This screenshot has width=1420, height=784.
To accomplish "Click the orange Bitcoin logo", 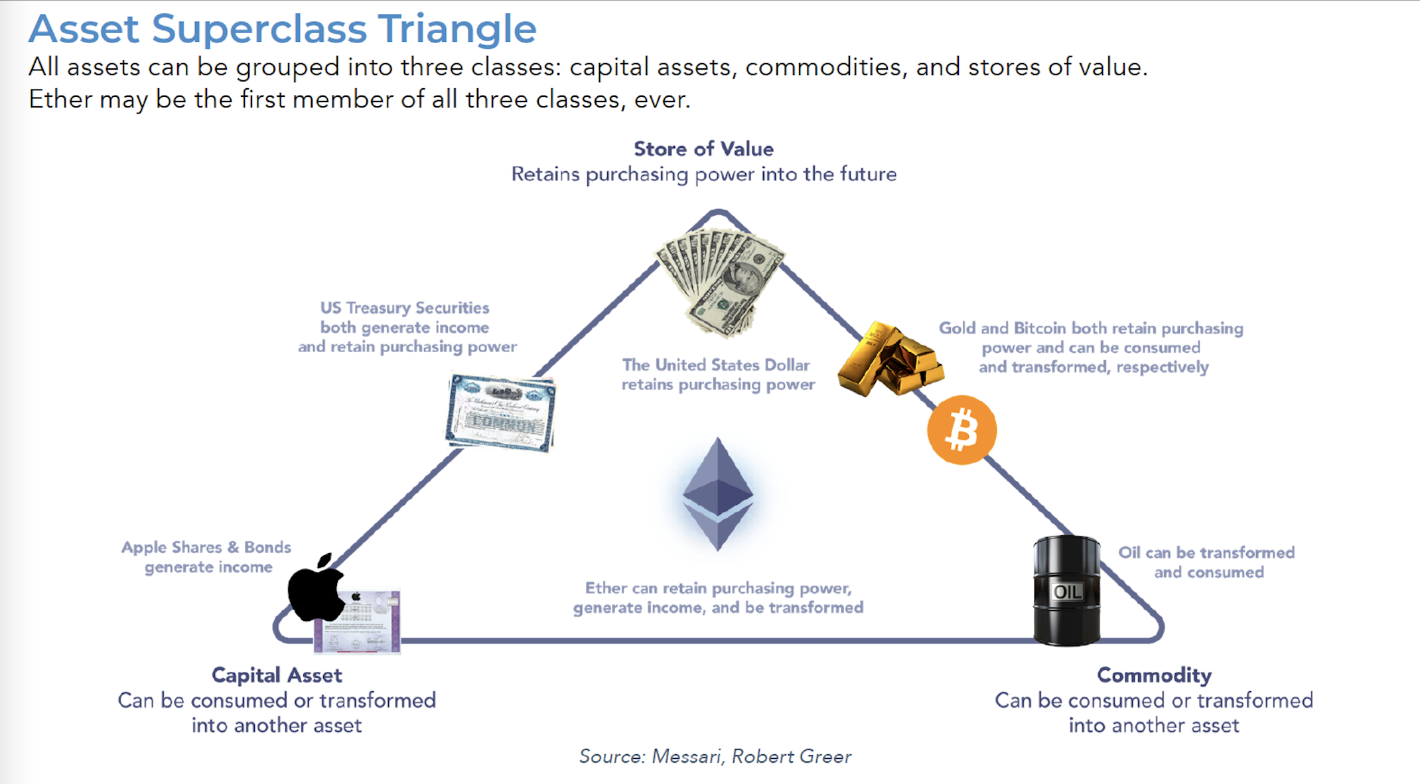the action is tap(961, 430).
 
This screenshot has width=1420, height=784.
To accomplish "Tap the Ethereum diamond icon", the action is tap(717, 493).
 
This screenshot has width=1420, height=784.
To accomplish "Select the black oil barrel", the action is tap(1066, 590).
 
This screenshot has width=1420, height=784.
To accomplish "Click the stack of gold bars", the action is tap(889, 361).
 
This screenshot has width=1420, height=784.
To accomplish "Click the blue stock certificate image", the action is tap(501, 413).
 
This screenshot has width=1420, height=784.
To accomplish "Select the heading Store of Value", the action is tap(703, 149).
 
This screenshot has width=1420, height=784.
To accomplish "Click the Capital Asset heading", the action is tap(277, 675).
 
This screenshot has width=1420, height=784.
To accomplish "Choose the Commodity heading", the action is tap(1154, 675).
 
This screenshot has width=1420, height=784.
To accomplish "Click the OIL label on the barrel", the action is tap(1067, 592).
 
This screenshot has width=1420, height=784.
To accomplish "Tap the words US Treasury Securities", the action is tap(405, 308).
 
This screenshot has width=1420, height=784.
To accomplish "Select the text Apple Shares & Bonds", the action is tap(206, 547).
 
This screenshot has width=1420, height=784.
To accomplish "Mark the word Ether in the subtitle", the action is tap(58, 99).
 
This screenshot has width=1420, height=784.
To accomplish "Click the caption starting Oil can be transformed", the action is tap(1206, 553).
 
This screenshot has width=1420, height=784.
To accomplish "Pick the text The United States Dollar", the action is tap(715, 365).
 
